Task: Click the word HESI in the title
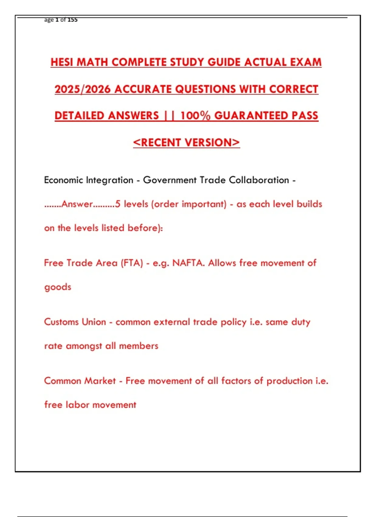tap(62, 62)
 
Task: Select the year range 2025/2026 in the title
tap(83, 89)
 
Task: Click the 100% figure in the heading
tap(195, 116)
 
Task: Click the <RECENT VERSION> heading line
tap(186, 143)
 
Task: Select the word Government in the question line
tap(170, 180)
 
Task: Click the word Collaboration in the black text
tap(259, 180)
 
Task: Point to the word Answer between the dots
tap(77, 204)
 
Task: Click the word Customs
tap(60, 322)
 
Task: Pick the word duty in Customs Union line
tap(301, 322)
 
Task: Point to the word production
tap(289, 381)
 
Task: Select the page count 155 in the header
tap(72, 20)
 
